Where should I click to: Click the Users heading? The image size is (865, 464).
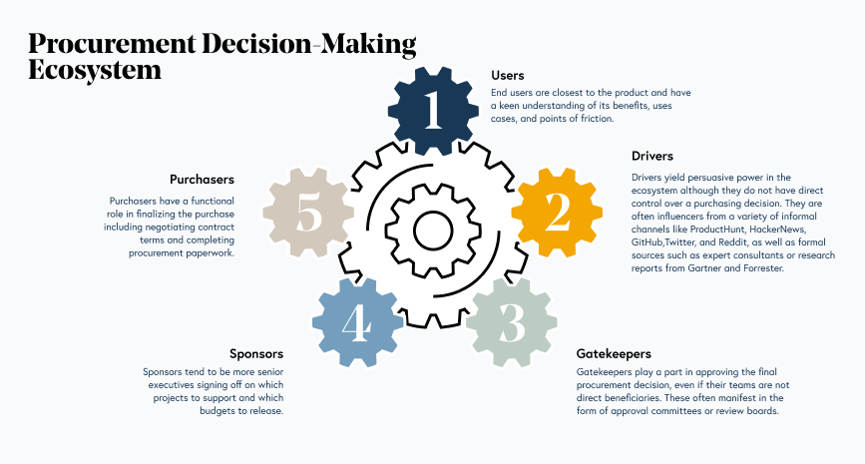507,75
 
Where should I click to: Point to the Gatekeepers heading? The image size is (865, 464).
614,353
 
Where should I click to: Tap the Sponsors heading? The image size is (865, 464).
257,353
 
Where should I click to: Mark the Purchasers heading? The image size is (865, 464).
202,180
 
